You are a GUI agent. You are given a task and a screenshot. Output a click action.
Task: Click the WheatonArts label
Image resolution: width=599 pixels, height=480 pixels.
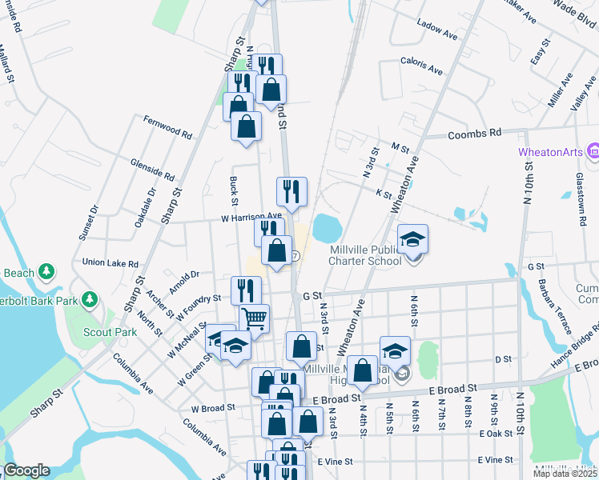pos(551,150)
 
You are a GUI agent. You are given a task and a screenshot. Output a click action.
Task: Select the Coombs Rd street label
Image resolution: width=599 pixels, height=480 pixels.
pos(474,133)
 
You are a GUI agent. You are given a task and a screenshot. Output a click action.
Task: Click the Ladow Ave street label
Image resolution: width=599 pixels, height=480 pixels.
pos(436,36)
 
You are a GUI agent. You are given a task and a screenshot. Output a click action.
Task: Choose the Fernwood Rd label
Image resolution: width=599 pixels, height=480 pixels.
pos(168,127)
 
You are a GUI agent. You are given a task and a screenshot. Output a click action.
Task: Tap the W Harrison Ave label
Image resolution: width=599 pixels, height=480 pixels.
pos(252,216)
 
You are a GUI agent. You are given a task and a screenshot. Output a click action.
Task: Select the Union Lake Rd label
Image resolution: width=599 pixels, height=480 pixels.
pos(111,262)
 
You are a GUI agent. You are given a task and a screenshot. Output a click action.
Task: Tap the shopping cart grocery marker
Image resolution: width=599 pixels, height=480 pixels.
pos(254,318)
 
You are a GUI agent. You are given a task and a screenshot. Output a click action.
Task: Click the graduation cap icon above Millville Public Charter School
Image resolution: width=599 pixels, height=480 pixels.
pos(413,239)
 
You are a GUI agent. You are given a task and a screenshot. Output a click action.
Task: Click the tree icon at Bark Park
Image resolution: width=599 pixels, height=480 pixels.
pos(90,300)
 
